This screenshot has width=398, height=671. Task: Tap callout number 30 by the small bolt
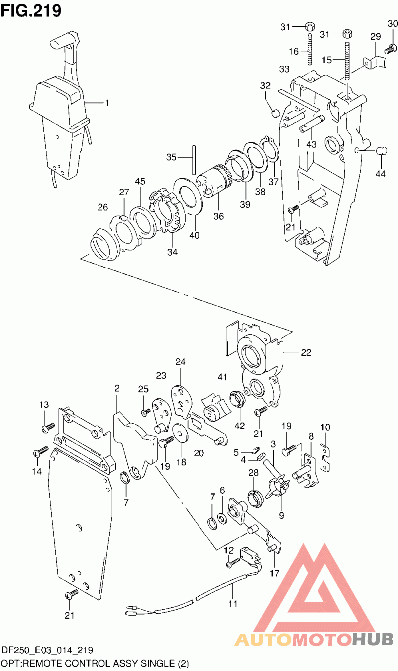[393, 23]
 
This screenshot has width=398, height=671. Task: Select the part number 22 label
[305, 352]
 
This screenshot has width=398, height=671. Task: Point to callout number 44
[381, 173]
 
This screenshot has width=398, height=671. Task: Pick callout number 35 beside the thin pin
[171, 157]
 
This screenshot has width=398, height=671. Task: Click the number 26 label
[102, 207]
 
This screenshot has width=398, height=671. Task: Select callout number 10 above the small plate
[325, 427]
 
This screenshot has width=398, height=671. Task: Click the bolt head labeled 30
[391, 49]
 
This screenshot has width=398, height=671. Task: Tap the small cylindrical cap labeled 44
[382, 150]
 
